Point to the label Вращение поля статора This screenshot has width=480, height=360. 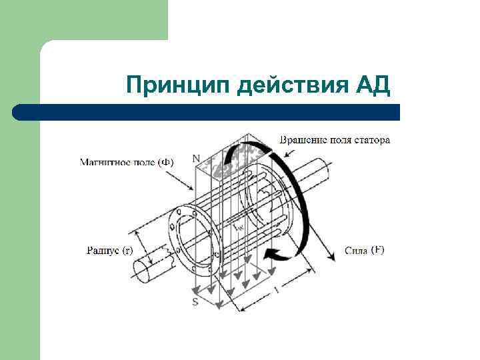click(334, 140)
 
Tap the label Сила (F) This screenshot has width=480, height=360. click(365, 251)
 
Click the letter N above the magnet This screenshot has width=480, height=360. click(195, 158)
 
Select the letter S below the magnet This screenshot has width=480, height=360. click(195, 302)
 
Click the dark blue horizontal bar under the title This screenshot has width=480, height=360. click(207, 112)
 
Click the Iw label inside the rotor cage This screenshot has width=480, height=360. click(238, 227)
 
